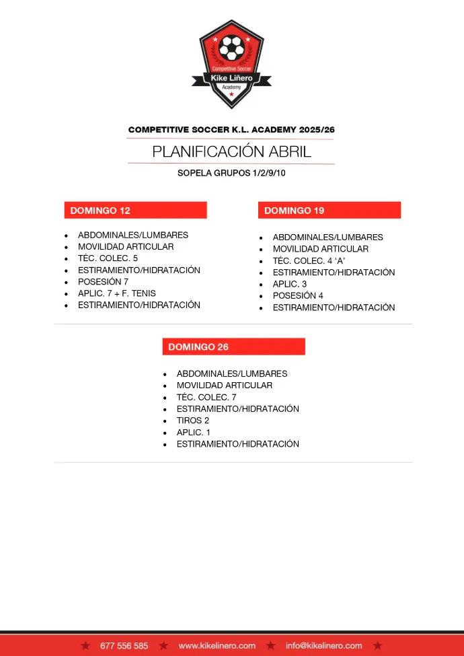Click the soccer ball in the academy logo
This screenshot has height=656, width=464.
[232, 48]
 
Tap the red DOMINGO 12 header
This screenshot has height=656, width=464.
[135, 211]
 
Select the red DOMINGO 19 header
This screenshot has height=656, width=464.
[329, 211]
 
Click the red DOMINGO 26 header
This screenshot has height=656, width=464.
[233, 347]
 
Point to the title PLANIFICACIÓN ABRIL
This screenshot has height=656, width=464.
[231, 151]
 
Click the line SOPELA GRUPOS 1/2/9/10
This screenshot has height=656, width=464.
[231, 173]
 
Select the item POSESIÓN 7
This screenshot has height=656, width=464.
[103, 282]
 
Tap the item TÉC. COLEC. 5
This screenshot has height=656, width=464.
[108, 258]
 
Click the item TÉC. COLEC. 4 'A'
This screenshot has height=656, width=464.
[309, 261]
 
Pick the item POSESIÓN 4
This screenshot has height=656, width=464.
[298, 296]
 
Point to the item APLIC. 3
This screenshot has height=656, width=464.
[290, 284]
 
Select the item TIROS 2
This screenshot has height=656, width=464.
[193, 421]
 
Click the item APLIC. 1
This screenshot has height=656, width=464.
[194, 433]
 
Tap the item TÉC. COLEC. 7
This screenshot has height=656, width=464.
[206, 398]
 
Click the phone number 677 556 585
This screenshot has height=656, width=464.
[124, 646]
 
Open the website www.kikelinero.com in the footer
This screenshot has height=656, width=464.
[217, 646]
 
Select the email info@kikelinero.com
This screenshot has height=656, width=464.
[323, 646]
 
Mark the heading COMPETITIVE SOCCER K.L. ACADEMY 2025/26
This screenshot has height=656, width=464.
[231, 129]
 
